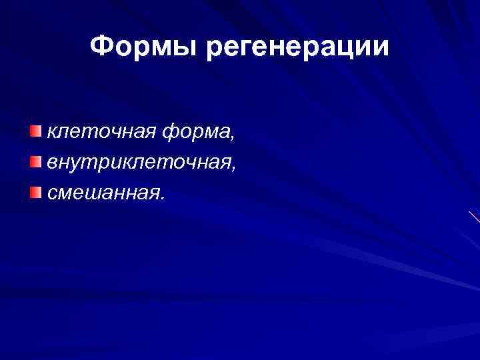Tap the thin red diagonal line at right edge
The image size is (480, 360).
[474, 217]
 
